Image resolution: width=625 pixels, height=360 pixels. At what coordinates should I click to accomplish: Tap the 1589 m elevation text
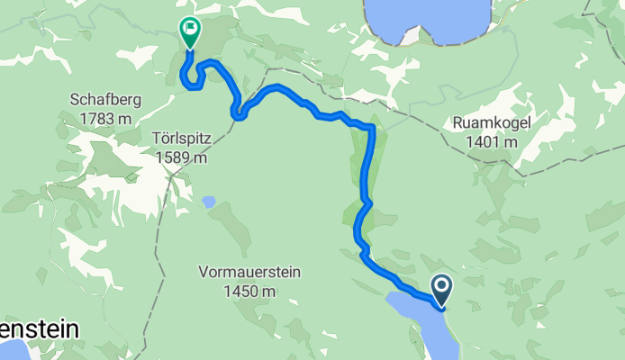pyautogui.click(x=181, y=157)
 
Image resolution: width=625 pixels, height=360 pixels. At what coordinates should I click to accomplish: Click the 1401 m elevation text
pyautogui.click(x=492, y=142)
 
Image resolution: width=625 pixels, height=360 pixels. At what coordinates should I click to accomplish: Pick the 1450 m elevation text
pyautogui.click(x=250, y=291)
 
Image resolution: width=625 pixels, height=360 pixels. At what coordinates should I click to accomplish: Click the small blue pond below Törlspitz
pyautogui.click(x=209, y=202)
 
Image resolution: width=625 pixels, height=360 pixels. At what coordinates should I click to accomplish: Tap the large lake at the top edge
pyautogui.click(x=428, y=18)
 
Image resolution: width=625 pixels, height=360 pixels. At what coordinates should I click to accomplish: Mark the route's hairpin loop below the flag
pyautogui.click(x=190, y=83)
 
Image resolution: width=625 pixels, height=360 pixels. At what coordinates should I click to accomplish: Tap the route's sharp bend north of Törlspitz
pyautogui.click(x=237, y=113)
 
